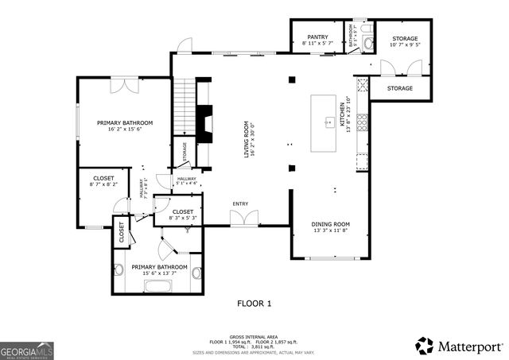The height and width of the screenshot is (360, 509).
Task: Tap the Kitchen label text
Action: [x=344, y=118]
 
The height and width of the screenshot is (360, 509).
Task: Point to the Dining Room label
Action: [x=330, y=224]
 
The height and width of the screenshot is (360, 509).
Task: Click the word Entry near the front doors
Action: [x=240, y=204]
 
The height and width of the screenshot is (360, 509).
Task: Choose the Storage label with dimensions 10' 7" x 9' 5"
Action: [x=405, y=38]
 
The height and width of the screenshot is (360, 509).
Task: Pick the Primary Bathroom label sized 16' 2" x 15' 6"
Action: [x=125, y=122]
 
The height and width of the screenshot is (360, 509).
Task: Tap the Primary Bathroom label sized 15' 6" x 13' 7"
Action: [x=159, y=267]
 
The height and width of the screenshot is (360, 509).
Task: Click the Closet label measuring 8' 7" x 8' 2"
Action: [x=103, y=178]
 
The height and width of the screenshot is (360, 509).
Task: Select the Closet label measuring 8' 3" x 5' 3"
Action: [x=183, y=211]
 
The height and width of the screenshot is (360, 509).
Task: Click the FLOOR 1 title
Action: [x=254, y=303]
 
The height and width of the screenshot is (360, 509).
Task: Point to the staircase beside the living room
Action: [x=184, y=107]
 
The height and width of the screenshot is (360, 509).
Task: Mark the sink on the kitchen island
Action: [x=328, y=122]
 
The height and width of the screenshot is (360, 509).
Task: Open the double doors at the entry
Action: [x=243, y=217]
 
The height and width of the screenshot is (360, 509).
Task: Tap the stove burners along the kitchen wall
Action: [x=362, y=122]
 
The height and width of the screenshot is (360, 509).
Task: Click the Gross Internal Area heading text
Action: [x=254, y=335]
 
